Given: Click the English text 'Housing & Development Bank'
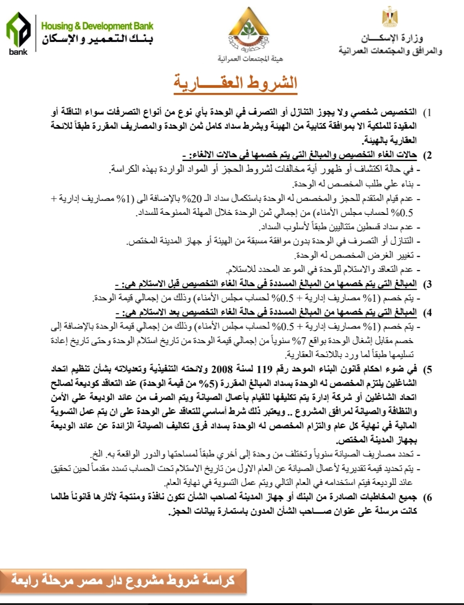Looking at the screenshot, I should [97, 26].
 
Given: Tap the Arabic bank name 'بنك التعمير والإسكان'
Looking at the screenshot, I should [98, 39].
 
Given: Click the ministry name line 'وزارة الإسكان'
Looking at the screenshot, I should [391, 38].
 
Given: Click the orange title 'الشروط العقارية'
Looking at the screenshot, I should [235, 83].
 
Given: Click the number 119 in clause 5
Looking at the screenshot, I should [264, 369].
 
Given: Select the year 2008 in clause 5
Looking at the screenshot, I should [222, 369].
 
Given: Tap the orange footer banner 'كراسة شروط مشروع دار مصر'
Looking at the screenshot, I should [123, 580].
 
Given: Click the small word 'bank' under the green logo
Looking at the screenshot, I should [18, 52].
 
